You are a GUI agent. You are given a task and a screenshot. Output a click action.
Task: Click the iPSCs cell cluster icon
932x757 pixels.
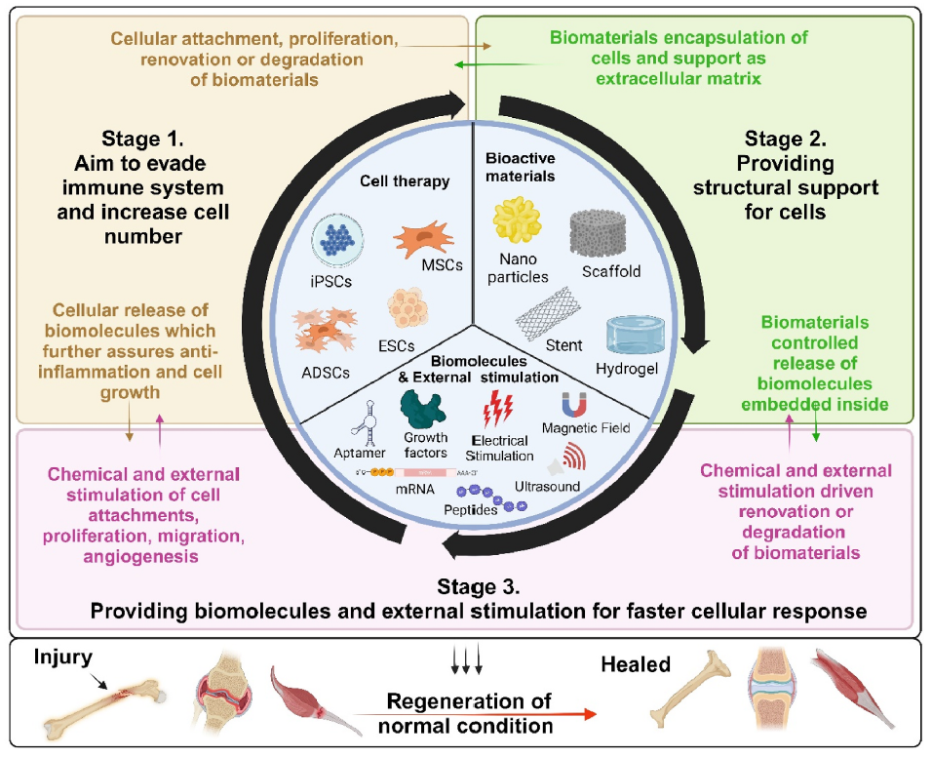tap(337, 241)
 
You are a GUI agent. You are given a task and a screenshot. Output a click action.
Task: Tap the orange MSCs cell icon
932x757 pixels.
tap(423, 238)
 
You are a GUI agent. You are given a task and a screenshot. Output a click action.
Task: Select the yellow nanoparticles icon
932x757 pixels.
tap(517, 220)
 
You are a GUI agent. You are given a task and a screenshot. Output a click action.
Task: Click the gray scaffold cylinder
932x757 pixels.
tap(598, 233)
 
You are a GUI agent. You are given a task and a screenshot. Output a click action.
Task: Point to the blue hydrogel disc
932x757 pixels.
tap(635, 336)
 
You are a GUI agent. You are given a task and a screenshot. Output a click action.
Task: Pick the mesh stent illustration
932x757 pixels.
tap(548, 313)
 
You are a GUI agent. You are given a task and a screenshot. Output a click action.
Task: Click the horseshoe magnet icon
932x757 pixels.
tap(574, 405)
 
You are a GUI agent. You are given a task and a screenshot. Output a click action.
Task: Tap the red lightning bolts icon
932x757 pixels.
tap(498, 409)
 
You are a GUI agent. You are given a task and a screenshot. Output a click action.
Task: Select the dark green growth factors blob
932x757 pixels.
tap(422, 410)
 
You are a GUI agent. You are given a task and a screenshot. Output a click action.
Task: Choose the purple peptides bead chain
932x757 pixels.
tap(491, 498)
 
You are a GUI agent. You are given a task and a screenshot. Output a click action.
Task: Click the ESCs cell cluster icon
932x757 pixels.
tap(408, 308)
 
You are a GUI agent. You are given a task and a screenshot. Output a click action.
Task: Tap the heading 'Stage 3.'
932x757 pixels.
tap(479, 587)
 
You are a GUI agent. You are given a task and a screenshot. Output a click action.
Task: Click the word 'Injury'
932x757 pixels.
tap(63, 657)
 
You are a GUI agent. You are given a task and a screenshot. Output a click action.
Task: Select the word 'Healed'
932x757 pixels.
tap(636, 664)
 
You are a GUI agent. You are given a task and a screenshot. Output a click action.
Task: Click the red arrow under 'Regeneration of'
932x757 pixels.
tap(475, 714)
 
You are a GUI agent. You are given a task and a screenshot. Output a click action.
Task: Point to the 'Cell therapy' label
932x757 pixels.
tap(405, 181)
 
